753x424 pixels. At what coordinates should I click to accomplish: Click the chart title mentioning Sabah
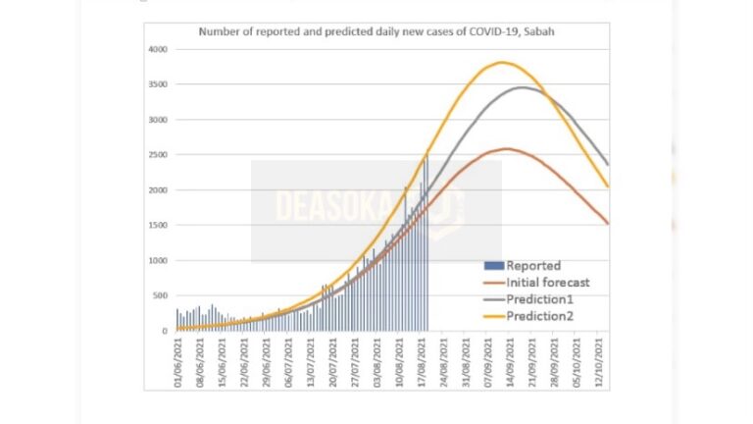tap(378, 32)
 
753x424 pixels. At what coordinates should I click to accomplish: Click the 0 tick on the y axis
tap(166, 331)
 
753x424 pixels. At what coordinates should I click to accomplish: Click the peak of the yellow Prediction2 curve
tap(501, 63)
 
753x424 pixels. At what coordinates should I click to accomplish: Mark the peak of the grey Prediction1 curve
tap(523, 87)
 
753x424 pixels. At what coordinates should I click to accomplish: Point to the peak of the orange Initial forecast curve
tap(506, 148)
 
